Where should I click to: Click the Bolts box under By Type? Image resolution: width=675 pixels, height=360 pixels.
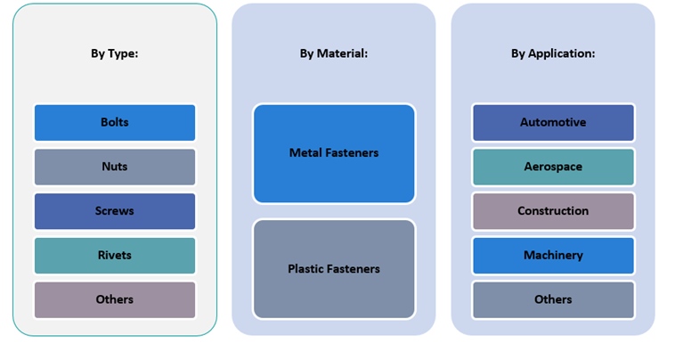click(x=115, y=123)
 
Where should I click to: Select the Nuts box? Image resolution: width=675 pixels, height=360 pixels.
click(x=115, y=167)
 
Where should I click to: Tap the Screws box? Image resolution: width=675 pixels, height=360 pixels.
click(x=115, y=211)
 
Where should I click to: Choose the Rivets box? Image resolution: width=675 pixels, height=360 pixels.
click(x=115, y=256)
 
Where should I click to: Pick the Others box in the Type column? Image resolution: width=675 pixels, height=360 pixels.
click(x=115, y=299)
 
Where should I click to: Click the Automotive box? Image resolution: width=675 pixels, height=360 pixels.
click(x=553, y=123)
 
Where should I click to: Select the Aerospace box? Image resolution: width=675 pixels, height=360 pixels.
click(x=553, y=167)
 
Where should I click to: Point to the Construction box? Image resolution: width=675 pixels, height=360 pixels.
click(x=553, y=211)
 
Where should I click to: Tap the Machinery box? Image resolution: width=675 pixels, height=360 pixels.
click(x=553, y=256)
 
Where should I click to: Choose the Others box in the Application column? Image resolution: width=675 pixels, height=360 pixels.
click(x=553, y=299)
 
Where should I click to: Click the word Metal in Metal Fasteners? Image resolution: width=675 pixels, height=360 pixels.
click(x=306, y=153)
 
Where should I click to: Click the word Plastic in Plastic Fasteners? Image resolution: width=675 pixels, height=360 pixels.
click(x=307, y=269)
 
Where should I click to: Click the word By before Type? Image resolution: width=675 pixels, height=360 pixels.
click(x=98, y=53)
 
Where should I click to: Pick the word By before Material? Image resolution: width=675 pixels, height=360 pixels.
click(x=307, y=53)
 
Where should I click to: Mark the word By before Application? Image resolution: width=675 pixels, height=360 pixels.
click(x=518, y=53)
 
